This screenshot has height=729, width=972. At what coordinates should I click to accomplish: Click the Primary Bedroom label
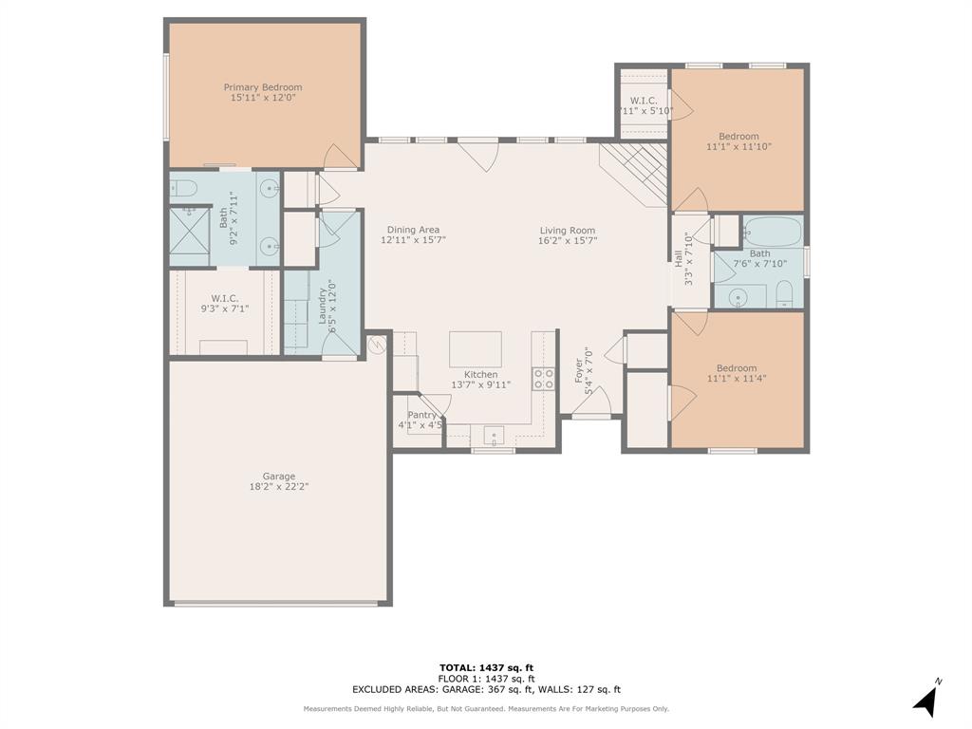(263, 87)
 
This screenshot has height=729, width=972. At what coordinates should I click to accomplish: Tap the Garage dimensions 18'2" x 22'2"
(278, 487)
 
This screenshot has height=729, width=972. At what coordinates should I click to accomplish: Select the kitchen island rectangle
(475, 348)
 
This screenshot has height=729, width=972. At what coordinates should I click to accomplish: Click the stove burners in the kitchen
(544, 380)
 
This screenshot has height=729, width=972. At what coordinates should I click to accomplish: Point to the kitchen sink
(494, 436)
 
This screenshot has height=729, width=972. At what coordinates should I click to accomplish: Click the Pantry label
(421, 415)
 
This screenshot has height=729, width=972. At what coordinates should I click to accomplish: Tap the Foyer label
(579, 370)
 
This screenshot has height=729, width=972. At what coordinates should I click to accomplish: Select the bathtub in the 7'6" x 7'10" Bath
(772, 231)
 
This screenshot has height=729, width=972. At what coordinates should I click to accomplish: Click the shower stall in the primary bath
(189, 235)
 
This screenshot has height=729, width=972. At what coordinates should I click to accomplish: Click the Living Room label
(568, 231)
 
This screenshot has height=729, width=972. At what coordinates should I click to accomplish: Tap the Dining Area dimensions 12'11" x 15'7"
(413, 240)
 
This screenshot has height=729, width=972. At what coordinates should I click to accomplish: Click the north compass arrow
(926, 700)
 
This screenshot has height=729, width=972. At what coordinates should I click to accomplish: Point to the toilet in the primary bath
(185, 187)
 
